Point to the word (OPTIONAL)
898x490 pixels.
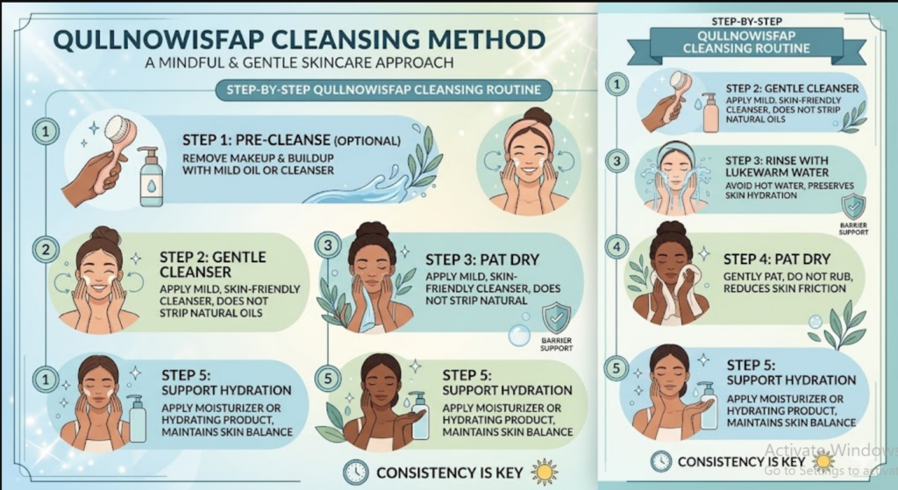click(x=369, y=140)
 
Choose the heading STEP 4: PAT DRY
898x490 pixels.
click(x=776, y=259)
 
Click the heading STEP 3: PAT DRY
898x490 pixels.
click(x=481, y=259)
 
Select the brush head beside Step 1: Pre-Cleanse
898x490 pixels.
click(x=118, y=131)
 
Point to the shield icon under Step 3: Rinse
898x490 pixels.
click(x=852, y=208)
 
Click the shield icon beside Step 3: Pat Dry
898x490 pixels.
click(x=555, y=318)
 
